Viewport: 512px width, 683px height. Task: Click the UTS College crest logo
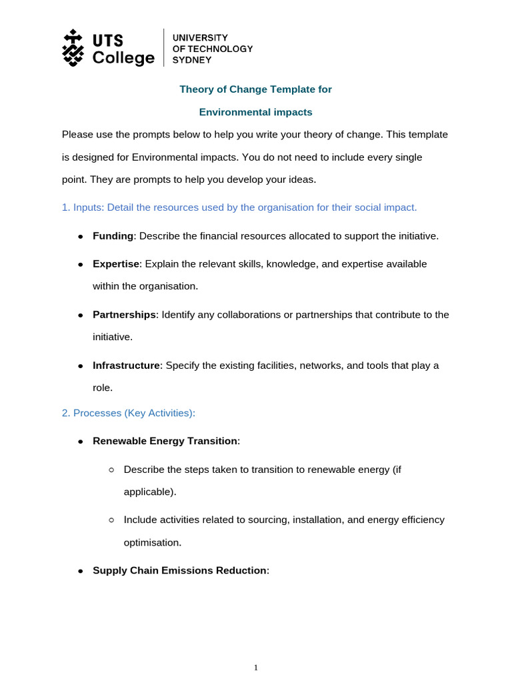(73, 47)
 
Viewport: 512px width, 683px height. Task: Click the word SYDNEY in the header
(192, 60)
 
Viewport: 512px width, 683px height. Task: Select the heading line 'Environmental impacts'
(256, 112)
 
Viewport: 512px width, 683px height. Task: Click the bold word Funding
(113, 236)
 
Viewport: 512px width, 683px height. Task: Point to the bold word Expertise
(117, 263)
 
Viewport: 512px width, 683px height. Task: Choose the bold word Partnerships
(124, 314)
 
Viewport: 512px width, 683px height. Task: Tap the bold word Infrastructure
(127, 366)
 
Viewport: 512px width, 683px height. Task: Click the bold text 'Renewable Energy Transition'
(165, 441)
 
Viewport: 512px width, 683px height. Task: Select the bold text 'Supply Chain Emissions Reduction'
(179, 570)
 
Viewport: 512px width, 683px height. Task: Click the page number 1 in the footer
(256, 668)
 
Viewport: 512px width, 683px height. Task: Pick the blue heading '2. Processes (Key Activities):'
(129, 413)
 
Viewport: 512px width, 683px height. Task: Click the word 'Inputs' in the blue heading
(87, 207)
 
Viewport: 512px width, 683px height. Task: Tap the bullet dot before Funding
(80, 237)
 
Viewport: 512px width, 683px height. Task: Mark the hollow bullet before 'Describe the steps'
(111, 470)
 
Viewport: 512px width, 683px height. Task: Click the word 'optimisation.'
(152, 542)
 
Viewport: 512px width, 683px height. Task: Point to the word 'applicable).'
(150, 492)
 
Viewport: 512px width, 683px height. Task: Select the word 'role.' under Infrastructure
(103, 387)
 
